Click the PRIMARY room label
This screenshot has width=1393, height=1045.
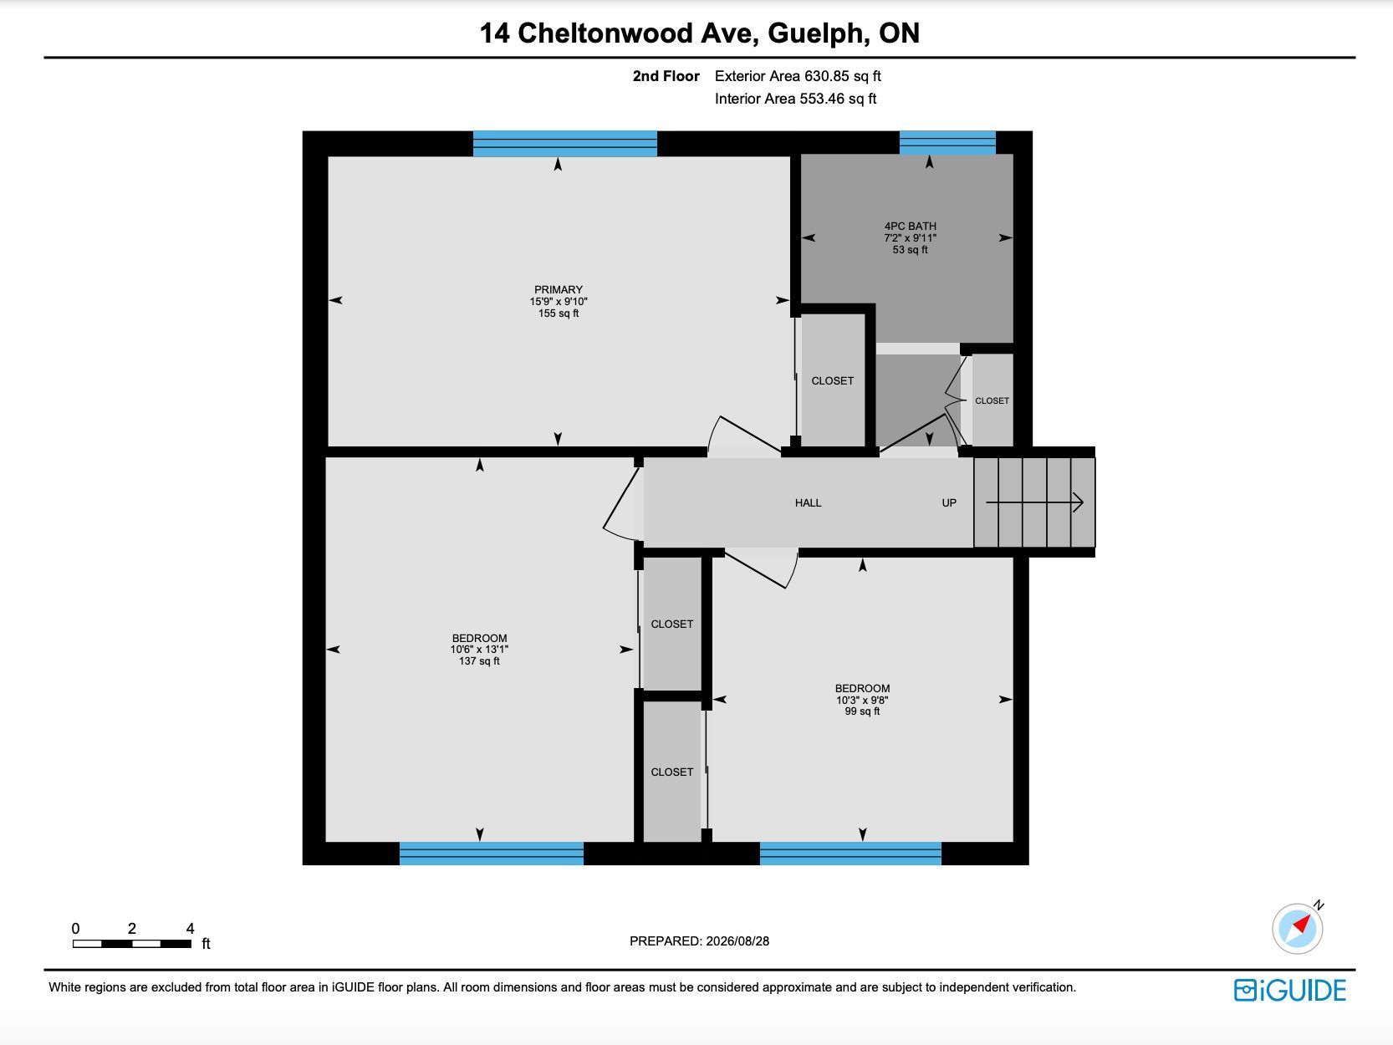[x=558, y=289]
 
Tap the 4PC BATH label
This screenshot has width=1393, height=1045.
[x=910, y=226]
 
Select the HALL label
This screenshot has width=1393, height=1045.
[x=808, y=502]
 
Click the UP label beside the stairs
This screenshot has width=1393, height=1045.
[x=949, y=502]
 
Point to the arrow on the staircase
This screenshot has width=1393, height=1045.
[x=1034, y=502]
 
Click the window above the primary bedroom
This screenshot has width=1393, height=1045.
[x=565, y=144]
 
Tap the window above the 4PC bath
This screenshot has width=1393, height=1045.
[x=947, y=143]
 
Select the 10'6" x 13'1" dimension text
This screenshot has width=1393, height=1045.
[x=479, y=649]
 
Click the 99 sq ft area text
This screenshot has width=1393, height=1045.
[x=862, y=711]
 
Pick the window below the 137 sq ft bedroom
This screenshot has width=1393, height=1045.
[x=491, y=854]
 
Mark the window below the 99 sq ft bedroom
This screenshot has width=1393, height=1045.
[x=850, y=854]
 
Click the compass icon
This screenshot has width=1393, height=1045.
[x=1298, y=928]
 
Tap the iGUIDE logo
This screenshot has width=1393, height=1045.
[x=1290, y=991]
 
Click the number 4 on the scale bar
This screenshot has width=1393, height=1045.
[x=190, y=928]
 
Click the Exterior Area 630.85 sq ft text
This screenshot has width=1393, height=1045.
[x=798, y=76]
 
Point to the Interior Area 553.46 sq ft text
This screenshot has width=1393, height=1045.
[x=795, y=99]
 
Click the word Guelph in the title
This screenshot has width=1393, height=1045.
[x=818, y=33]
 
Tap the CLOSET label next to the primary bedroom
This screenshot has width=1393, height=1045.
[x=832, y=380]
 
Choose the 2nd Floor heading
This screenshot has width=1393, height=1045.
[x=666, y=76]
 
